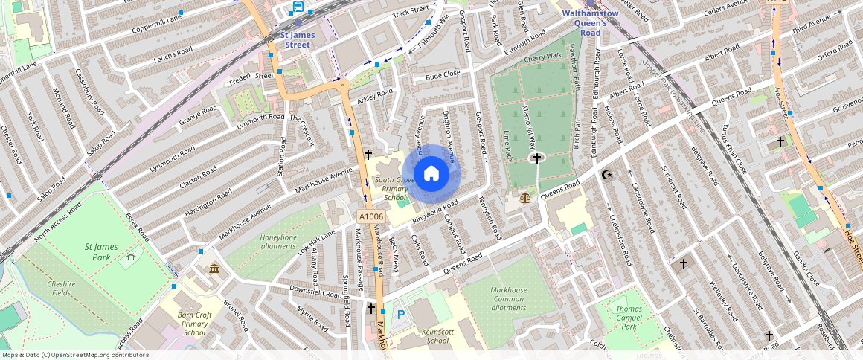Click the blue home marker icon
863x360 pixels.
click(x=431, y=174)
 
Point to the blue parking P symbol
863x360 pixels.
click(x=401, y=315)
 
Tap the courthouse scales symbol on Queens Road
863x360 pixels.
click(x=527, y=198)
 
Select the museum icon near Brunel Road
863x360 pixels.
click(x=215, y=269)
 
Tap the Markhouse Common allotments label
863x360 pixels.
click(x=509, y=299)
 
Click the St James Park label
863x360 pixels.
click(x=97, y=251)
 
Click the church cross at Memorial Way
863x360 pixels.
click(x=537, y=158)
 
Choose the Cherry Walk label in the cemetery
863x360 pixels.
click(x=542, y=57)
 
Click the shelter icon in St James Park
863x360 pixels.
click(x=132, y=257)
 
